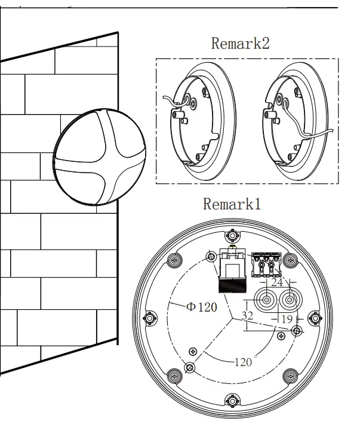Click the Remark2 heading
click(240, 44)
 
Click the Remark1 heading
click(232, 204)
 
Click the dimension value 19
click(287, 319)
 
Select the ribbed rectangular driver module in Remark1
click(232, 269)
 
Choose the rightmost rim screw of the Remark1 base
click(317, 318)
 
